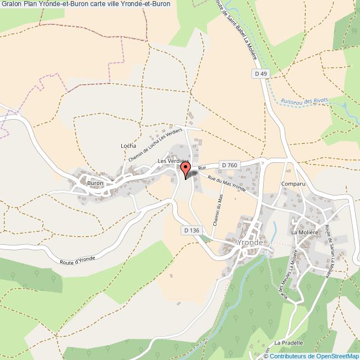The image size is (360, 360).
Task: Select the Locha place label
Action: click(x=128, y=146)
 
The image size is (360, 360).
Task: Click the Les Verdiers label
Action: click(x=173, y=161)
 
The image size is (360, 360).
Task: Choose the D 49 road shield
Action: click(x=261, y=74)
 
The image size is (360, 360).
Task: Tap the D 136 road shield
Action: click(x=190, y=229)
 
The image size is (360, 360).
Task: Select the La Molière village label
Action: click(x=303, y=233)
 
